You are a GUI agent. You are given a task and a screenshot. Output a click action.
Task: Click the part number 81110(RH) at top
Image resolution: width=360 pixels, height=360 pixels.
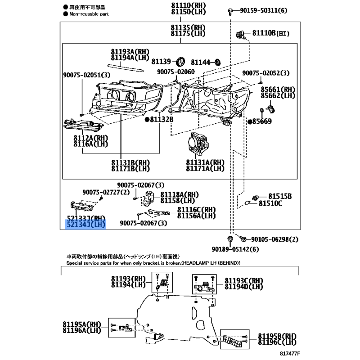(x=188, y=5)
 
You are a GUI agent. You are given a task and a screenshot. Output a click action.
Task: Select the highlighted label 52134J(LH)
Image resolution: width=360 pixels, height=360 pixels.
(x=85, y=224)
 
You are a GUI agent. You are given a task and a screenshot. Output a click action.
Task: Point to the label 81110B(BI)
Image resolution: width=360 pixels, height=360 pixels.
(x=270, y=33)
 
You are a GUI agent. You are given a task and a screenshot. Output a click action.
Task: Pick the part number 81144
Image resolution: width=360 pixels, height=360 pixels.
(x=201, y=62)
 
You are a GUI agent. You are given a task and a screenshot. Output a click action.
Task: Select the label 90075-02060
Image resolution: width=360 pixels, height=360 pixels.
(x=176, y=72)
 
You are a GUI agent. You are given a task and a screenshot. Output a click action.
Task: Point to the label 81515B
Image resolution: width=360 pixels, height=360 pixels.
(x=279, y=196)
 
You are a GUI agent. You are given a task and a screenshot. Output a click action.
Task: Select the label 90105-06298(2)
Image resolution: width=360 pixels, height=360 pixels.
(x=275, y=239)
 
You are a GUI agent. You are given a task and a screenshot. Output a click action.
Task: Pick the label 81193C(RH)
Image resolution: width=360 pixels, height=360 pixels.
(x=244, y=280)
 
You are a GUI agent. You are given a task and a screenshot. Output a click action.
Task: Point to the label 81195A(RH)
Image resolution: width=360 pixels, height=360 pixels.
(x=82, y=324)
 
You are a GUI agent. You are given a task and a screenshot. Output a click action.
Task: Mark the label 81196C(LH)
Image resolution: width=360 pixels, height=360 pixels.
(x=277, y=343)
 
